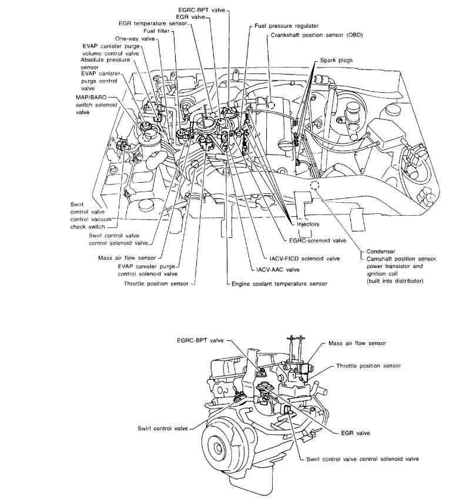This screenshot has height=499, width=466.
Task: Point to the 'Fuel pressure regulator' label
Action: click(x=286, y=27)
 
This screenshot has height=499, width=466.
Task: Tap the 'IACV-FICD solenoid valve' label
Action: click(x=296, y=258)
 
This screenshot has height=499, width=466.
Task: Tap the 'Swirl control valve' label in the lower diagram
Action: click(x=163, y=428)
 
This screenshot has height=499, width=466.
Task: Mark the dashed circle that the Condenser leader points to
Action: click(x=315, y=185)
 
